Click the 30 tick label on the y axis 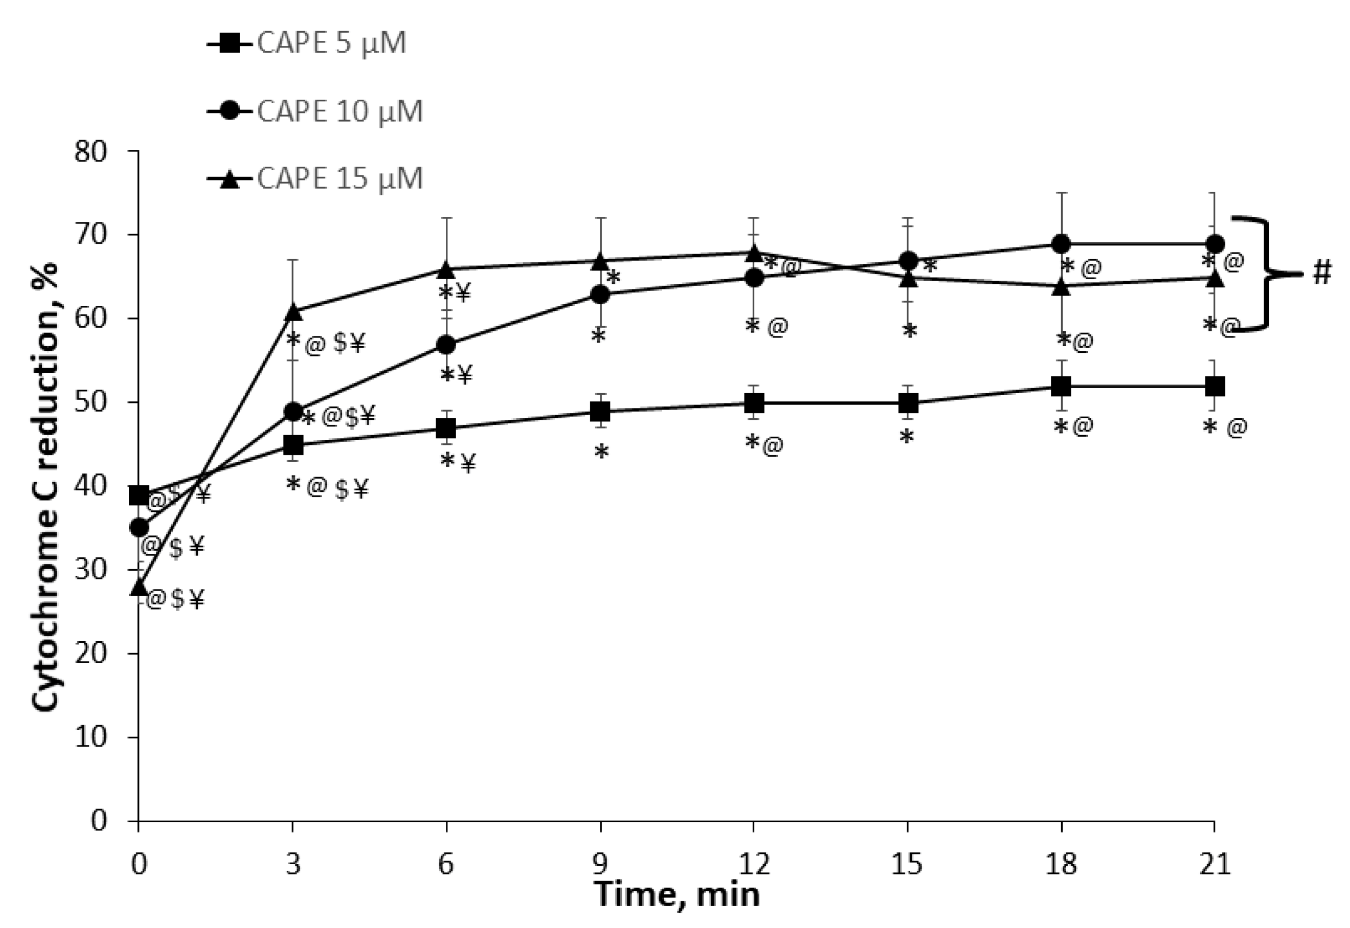pos(91,570)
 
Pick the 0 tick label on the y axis pos(99,821)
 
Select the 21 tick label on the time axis pos(1215,864)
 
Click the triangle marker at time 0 pos(138,587)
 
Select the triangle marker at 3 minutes pos(293,312)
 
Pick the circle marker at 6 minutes pos(446,345)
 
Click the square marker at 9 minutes pos(600,411)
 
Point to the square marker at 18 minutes pos(1061,386)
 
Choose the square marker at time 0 pos(138,495)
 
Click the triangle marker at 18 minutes pos(1061,286)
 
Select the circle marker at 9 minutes pos(600,295)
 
